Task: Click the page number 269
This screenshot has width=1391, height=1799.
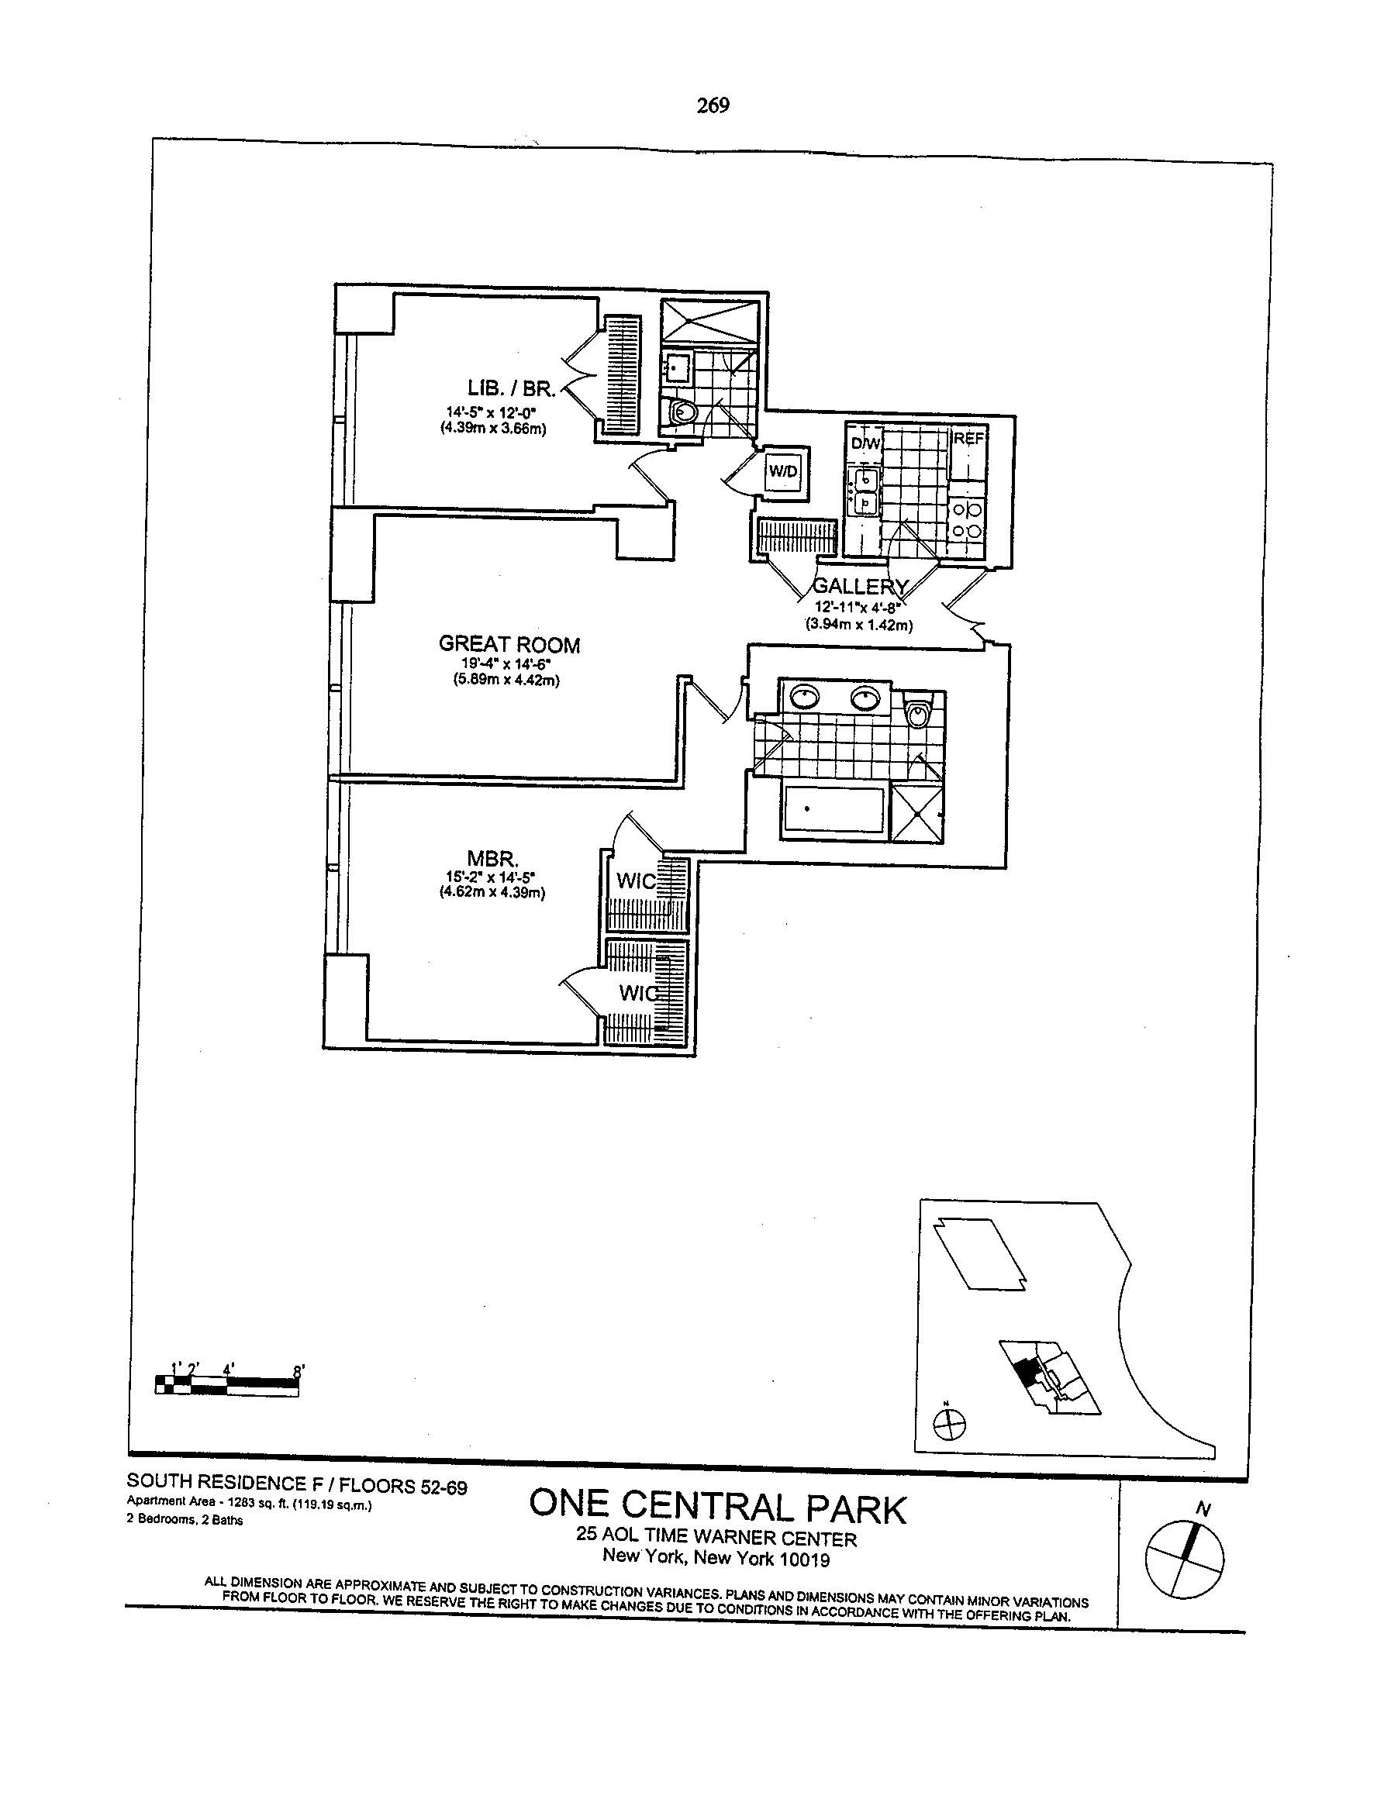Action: click(713, 105)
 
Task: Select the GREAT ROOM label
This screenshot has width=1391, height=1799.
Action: click(509, 644)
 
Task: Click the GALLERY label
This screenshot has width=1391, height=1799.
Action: click(861, 587)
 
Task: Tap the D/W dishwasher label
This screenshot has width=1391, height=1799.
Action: click(865, 443)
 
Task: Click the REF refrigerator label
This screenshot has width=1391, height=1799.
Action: click(968, 439)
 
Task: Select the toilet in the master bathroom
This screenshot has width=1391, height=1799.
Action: click(916, 712)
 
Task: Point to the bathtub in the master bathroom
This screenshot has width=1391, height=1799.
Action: click(832, 812)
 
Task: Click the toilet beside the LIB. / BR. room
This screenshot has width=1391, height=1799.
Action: click(683, 412)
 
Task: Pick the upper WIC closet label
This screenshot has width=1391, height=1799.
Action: click(635, 881)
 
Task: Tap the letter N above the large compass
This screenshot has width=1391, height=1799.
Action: click(1204, 1509)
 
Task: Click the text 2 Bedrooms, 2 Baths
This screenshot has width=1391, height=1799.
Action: click(185, 1520)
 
